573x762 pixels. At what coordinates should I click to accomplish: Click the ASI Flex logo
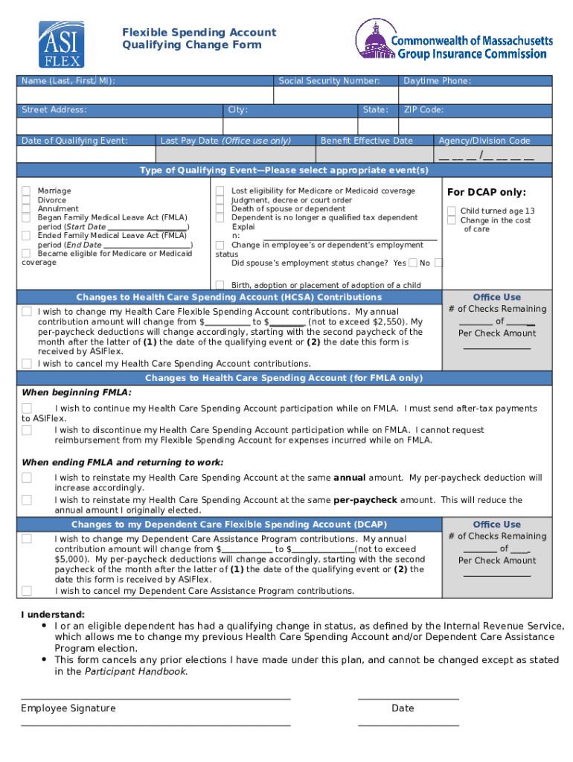[x=61, y=44]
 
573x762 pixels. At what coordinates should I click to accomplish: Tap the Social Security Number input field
[x=336, y=95]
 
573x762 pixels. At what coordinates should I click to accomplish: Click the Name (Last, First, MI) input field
[x=145, y=95]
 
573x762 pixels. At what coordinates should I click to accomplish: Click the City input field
[x=291, y=126]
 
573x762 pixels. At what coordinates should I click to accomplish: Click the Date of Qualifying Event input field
[x=86, y=155]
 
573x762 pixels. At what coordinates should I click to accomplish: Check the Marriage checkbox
[x=26, y=191]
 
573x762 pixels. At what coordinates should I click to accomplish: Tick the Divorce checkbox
[x=26, y=200]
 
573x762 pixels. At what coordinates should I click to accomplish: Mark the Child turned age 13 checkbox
[x=452, y=211]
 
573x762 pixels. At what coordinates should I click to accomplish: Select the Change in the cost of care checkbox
[x=452, y=220]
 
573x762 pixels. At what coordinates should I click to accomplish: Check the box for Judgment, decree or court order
[x=220, y=200]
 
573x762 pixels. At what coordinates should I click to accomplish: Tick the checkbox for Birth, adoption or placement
[x=220, y=284]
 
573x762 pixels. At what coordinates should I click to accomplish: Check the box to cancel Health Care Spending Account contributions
[x=27, y=364]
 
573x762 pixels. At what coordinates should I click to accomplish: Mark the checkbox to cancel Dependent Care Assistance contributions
[x=27, y=591]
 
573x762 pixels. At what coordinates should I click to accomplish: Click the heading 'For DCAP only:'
[x=486, y=193]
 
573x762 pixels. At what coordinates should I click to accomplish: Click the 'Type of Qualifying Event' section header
[x=284, y=170]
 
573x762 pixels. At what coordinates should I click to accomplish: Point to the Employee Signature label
[x=68, y=708]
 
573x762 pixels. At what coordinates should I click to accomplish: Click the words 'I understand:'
[x=53, y=615]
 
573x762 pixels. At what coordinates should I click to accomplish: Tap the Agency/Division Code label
[x=484, y=141]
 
